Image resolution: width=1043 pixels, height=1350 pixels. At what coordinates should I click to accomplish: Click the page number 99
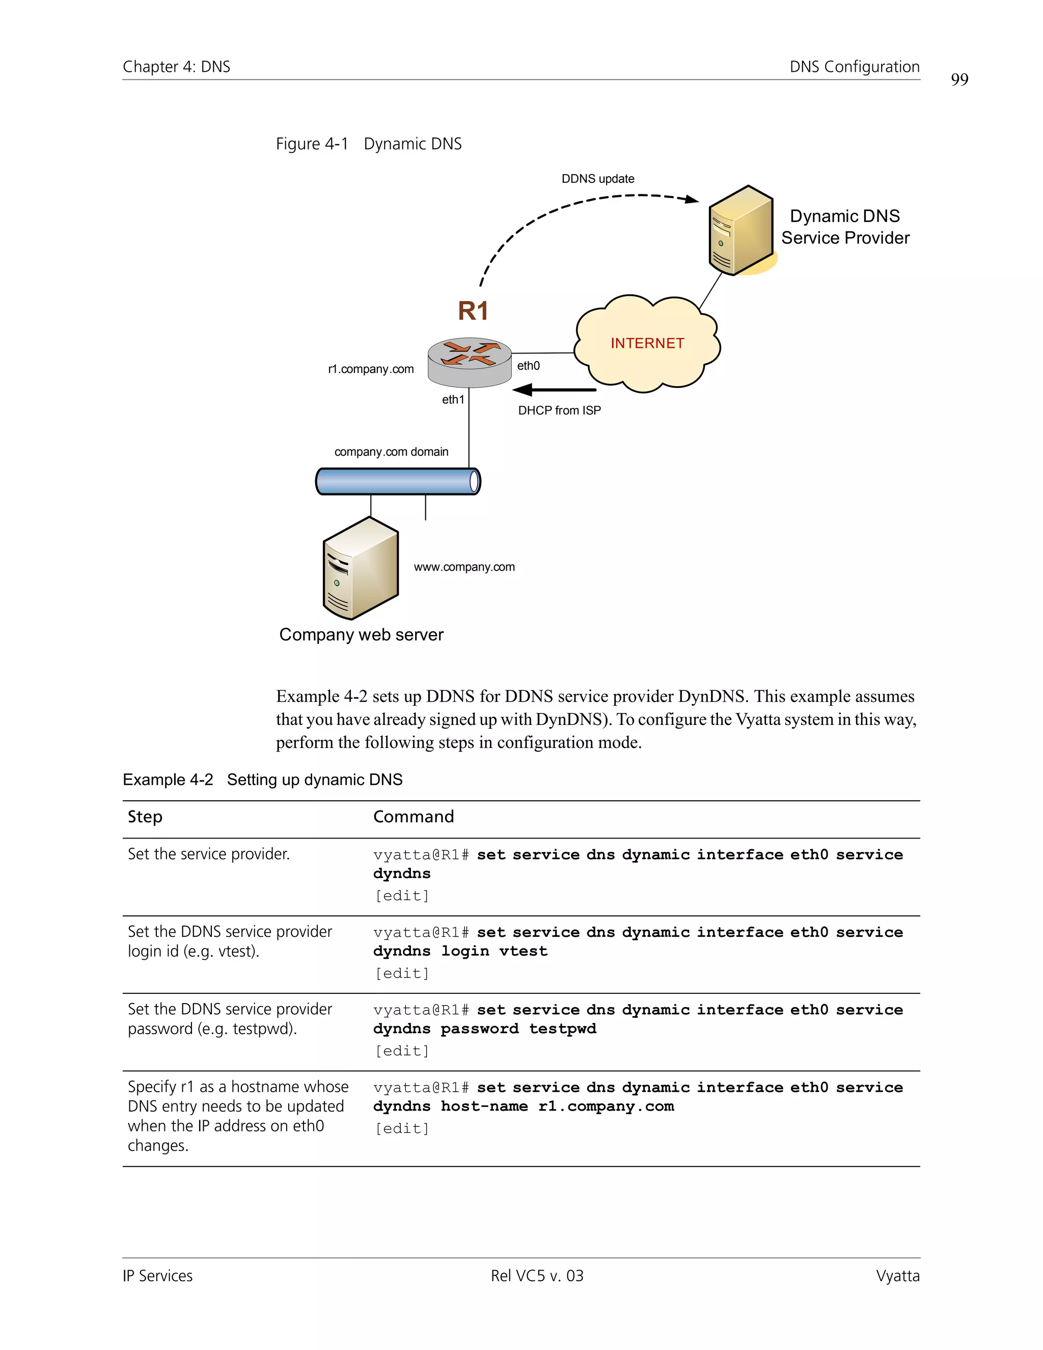pyautogui.click(x=959, y=80)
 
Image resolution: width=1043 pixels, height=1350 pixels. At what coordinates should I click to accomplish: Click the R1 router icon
pyautogui.click(x=470, y=362)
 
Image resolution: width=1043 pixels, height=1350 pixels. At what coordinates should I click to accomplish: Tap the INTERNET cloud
pyautogui.click(x=647, y=344)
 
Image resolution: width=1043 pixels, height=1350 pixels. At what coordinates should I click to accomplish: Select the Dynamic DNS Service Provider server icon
pyautogui.click(x=740, y=231)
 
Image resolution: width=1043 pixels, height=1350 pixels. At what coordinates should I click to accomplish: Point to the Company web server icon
pyautogui.click(x=360, y=568)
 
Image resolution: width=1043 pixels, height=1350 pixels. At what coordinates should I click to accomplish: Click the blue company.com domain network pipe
pyautogui.click(x=397, y=481)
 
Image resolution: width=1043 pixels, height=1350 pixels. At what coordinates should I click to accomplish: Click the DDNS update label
pyautogui.click(x=597, y=179)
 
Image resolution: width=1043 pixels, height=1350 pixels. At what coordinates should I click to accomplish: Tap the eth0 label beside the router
pyautogui.click(x=528, y=366)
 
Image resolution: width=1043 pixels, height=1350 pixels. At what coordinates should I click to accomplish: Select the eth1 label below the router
pyautogui.click(x=452, y=399)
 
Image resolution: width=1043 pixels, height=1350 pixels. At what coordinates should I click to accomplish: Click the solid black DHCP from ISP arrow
pyautogui.click(x=554, y=389)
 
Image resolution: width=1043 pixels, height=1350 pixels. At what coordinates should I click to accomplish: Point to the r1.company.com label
pyautogui.click(x=371, y=369)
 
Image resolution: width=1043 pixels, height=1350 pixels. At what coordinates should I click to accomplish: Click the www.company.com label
pyautogui.click(x=464, y=567)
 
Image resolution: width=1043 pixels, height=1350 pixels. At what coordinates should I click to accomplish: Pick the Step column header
pyautogui.click(x=145, y=817)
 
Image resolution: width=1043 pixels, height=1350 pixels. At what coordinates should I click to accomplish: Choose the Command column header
pyautogui.click(x=414, y=817)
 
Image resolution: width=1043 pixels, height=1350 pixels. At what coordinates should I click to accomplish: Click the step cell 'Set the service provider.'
pyautogui.click(x=209, y=854)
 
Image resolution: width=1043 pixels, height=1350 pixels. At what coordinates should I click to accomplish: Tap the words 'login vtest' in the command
pyautogui.click(x=495, y=951)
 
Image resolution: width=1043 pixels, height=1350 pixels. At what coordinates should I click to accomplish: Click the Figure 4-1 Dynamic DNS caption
pyautogui.click(x=369, y=144)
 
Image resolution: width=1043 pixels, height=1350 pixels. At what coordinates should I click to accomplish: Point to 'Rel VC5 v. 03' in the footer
pyautogui.click(x=537, y=1276)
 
